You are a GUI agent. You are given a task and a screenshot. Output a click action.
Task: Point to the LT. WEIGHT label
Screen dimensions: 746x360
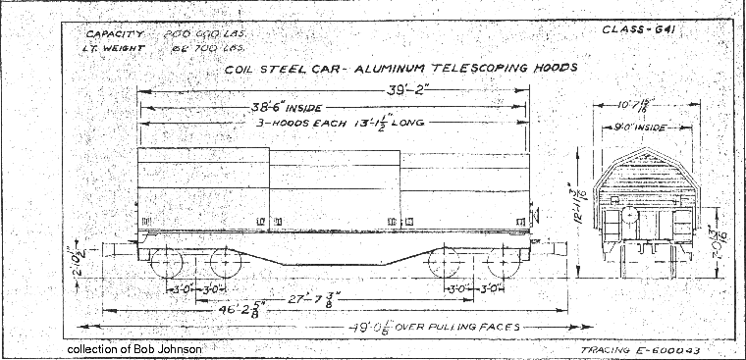point(111,46)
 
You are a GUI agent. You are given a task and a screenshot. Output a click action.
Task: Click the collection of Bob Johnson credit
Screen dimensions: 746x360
point(137,348)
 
